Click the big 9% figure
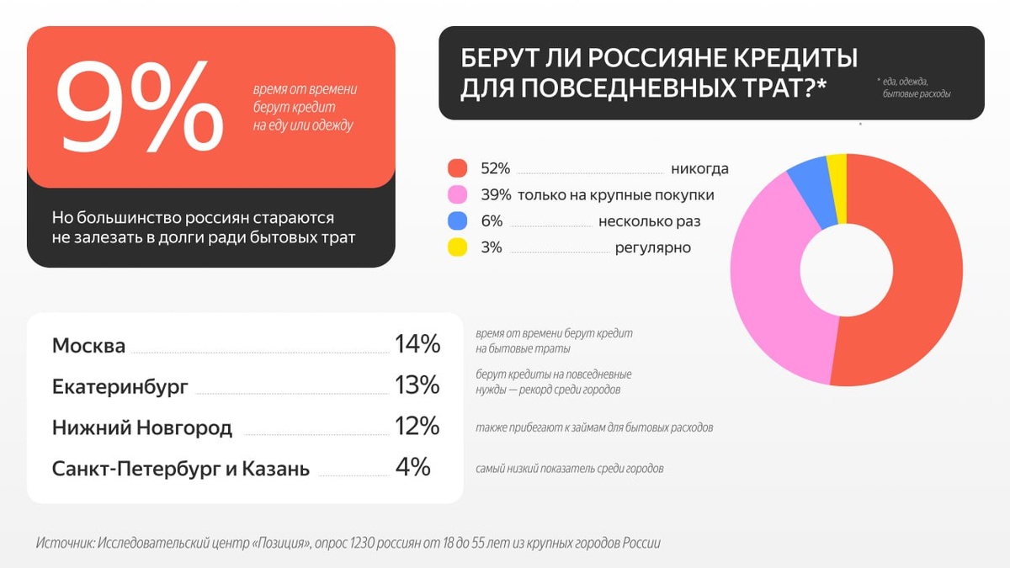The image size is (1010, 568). click(139, 108)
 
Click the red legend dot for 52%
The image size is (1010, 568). click(457, 168)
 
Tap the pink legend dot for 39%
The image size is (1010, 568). click(457, 194)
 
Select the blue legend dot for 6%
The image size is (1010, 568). click(457, 220)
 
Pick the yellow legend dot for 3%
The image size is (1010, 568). click(457, 247)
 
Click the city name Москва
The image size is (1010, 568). click(88, 346)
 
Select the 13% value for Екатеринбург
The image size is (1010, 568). click(417, 385)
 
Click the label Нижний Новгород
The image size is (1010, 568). click(141, 427)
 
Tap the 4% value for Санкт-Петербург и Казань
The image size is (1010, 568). click(412, 466)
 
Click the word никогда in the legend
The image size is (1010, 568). click(699, 169)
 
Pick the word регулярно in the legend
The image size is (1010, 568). click(652, 247)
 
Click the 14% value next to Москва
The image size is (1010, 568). click(417, 343)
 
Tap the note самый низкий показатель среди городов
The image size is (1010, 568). click(569, 468)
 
